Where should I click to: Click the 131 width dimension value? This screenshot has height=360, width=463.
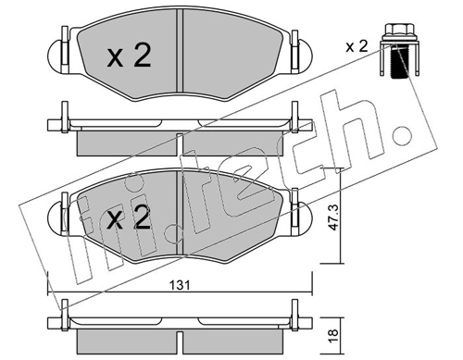pos(180,285)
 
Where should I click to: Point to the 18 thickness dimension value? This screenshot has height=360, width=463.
pos(334,337)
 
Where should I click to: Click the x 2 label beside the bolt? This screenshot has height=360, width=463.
pos(357,47)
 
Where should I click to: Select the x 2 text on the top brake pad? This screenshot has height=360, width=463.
pos(129,56)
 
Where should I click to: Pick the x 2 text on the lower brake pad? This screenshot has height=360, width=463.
pos(128,217)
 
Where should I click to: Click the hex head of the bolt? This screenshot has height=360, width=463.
pos(398,31)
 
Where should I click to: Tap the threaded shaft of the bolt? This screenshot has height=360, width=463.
pos(398,62)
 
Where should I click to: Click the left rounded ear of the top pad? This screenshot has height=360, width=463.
pos(56,56)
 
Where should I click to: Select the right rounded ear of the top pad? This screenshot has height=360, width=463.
pos(306,56)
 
